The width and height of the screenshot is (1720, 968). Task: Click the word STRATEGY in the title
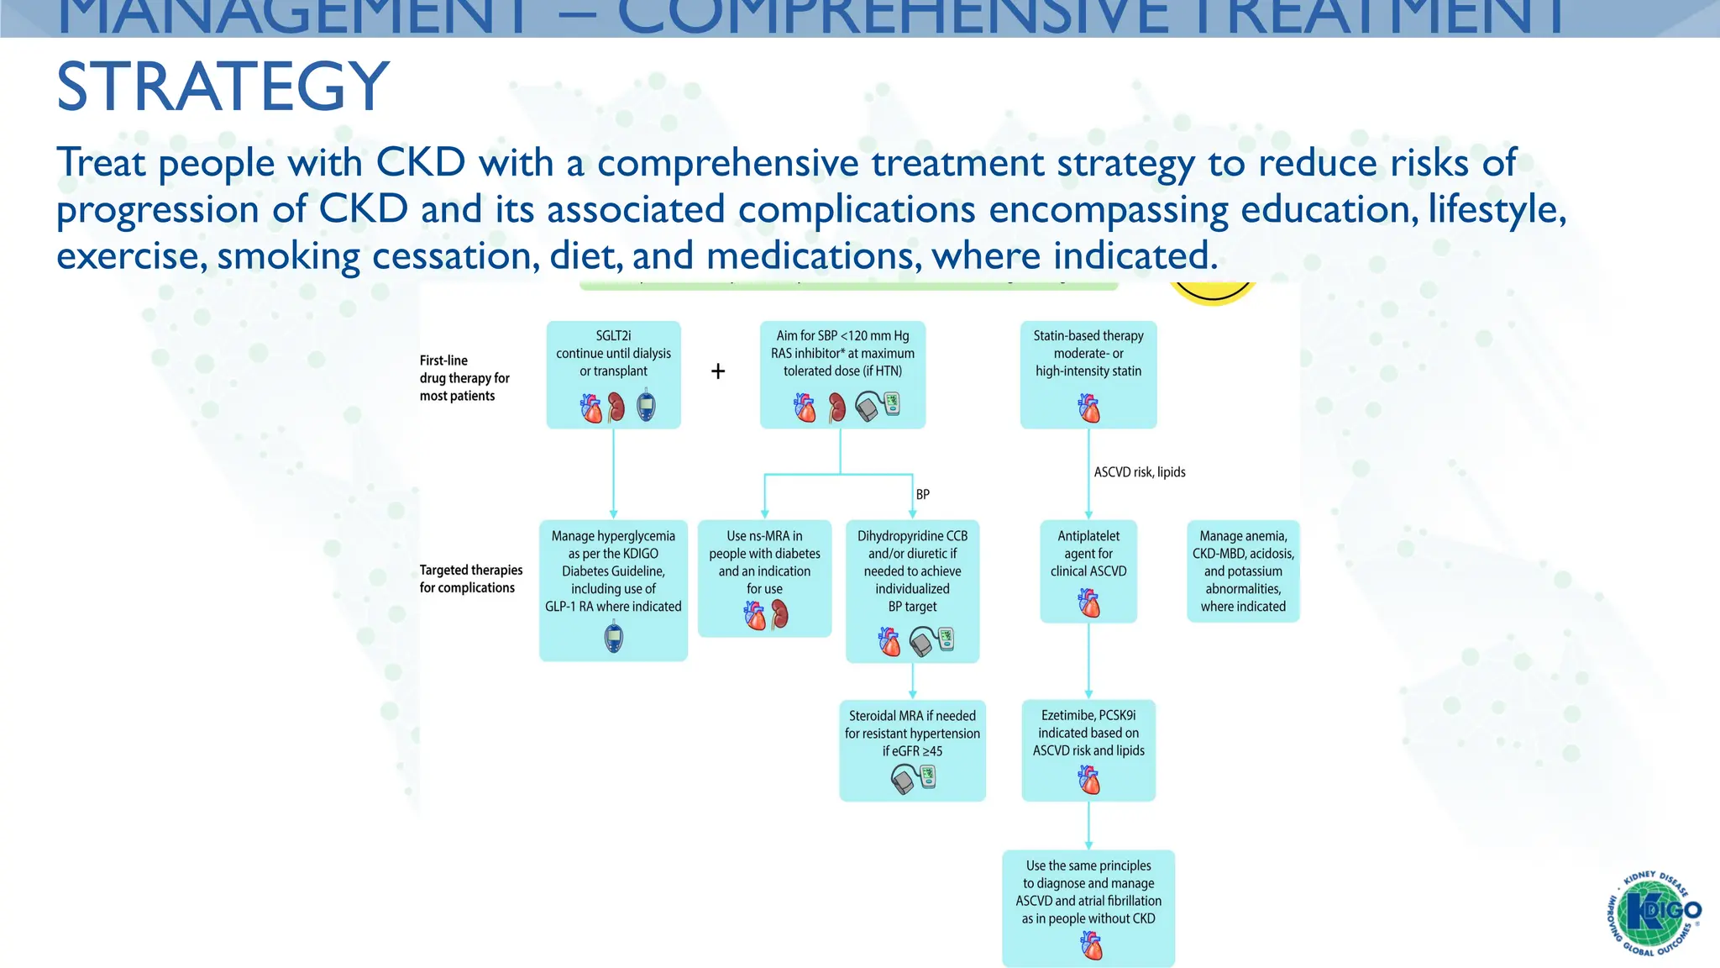click(223, 87)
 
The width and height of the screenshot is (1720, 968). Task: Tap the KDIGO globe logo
click(1653, 913)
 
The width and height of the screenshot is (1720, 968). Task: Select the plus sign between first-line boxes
click(718, 371)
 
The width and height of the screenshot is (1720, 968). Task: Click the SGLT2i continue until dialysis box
click(613, 354)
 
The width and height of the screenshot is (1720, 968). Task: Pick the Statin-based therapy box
click(1088, 354)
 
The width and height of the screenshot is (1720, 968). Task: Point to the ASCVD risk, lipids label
click(1139, 472)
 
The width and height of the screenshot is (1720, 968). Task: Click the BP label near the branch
click(922, 494)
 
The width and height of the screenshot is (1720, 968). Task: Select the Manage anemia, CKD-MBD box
click(1243, 571)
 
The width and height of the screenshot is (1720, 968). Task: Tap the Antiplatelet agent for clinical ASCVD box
click(1088, 555)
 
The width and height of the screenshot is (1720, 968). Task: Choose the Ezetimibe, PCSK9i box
click(1088, 734)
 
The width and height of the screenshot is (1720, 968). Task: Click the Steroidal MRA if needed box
click(912, 734)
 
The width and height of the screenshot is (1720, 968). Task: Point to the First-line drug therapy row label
click(464, 378)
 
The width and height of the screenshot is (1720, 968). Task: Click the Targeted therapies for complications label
click(470, 579)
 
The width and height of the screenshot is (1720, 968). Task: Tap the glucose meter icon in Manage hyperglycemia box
click(614, 638)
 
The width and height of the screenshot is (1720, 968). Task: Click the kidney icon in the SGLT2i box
click(616, 408)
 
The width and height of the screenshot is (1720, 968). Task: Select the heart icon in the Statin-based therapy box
click(1088, 409)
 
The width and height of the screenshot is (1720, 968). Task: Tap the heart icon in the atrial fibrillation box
click(1090, 947)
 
